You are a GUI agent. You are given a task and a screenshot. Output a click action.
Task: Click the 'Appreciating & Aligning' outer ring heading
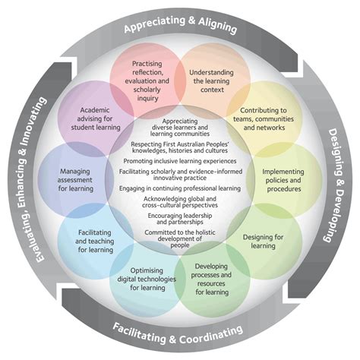[180, 29]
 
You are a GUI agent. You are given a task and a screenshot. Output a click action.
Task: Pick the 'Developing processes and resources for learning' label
[211, 279]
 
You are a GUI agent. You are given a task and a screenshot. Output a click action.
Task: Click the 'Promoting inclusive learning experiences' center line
[179, 161]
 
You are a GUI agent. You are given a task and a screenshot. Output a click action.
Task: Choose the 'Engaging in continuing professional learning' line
[179, 185]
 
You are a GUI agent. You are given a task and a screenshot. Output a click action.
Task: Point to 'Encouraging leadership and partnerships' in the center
[179, 219]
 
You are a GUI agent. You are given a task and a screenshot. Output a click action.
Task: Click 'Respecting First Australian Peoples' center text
[179, 147]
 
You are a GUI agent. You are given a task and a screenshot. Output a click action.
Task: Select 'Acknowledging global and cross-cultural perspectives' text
[179, 201]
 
